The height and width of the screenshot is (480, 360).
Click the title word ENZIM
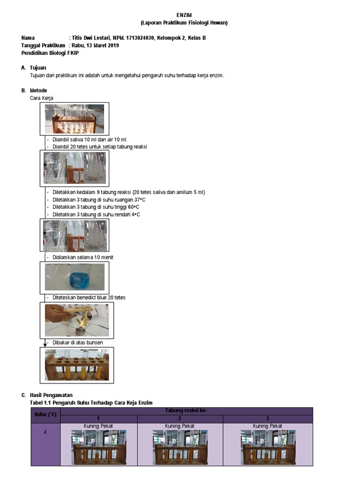(x=184, y=15)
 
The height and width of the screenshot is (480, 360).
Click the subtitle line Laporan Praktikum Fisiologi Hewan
(x=184, y=23)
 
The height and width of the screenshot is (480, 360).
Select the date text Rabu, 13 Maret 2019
(x=95, y=45)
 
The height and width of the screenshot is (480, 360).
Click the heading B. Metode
(x=34, y=90)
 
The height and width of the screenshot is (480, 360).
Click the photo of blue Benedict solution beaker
(x=75, y=277)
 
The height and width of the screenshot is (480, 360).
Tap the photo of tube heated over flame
(x=76, y=320)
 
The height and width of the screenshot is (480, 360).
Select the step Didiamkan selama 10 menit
(x=82, y=257)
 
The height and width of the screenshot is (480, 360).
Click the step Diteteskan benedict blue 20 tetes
(x=89, y=298)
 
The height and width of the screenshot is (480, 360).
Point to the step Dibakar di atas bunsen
(x=77, y=343)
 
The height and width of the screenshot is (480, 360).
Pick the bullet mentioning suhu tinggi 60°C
(x=96, y=207)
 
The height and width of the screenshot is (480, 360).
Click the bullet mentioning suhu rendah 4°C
(x=96, y=214)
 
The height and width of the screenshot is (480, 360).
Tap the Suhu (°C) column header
(x=45, y=415)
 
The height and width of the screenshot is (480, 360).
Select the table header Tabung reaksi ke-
(x=186, y=411)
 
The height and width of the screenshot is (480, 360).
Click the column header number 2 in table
(x=180, y=419)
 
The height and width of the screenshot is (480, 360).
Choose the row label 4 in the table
(x=45, y=432)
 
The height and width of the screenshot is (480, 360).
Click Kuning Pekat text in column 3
(x=267, y=426)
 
